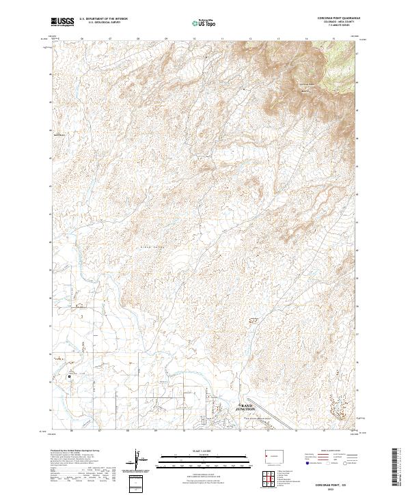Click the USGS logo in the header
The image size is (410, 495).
63,22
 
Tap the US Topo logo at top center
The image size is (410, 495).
204,23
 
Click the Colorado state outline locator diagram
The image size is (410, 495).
273,454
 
